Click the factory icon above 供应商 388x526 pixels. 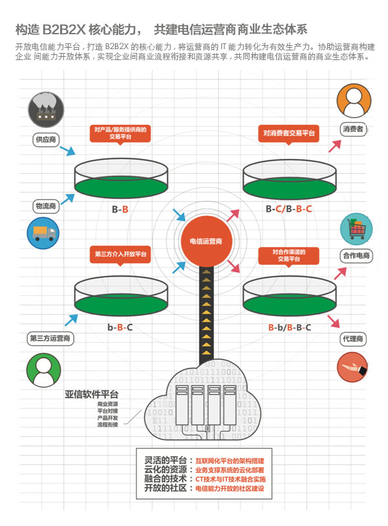point(46,108)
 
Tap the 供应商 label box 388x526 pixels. point(46,139)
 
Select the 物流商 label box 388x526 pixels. point(46,206)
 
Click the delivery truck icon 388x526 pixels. point(43,233)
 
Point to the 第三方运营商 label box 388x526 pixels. point(50,338)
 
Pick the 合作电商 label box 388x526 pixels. point(356,256)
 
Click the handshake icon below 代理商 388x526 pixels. point(352,367)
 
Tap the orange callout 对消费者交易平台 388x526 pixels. point(289,133)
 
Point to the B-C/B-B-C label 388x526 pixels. point(289,209)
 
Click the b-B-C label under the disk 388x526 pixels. point(120,328)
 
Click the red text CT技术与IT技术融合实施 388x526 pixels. point(230,479)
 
